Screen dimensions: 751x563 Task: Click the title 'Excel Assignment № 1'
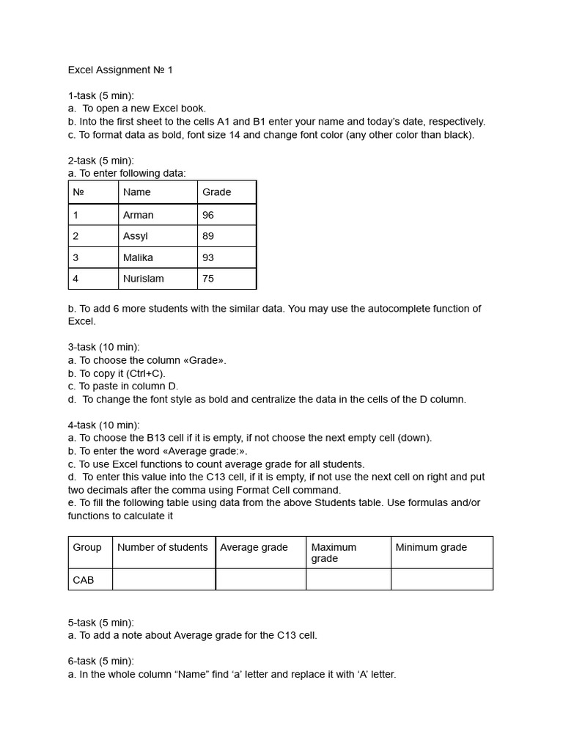pos(120,70)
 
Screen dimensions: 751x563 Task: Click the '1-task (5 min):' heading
pos(101,95)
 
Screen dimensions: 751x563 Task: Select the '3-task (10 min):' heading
pos(103,347)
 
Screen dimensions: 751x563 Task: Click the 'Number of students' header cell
pos(163,548)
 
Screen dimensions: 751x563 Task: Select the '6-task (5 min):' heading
pos(101,661)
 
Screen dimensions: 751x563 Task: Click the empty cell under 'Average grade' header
pos(260,579)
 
